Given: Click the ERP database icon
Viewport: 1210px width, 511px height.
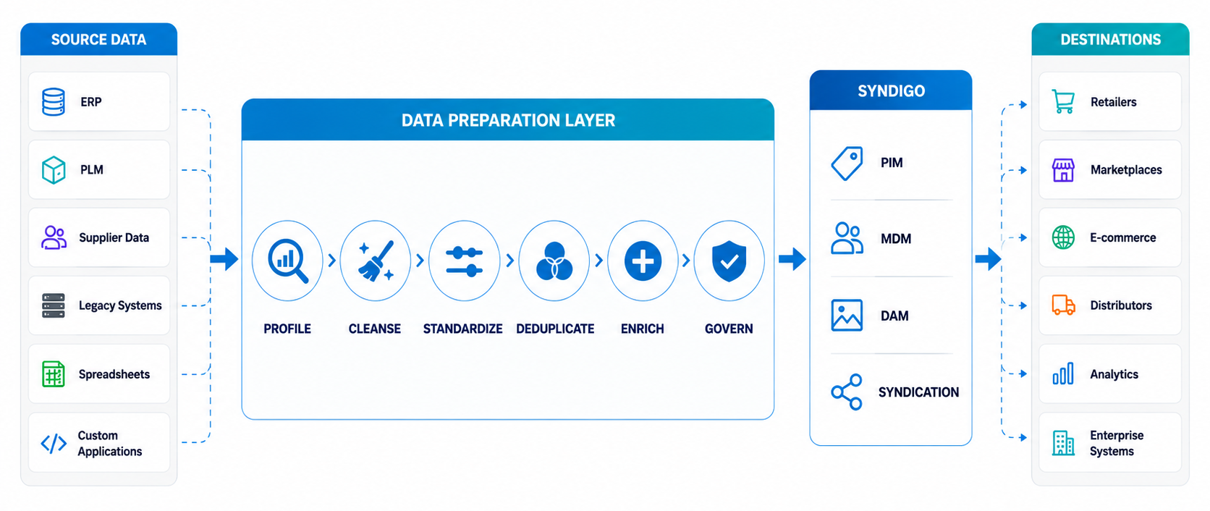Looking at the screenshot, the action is [x=54, y=102].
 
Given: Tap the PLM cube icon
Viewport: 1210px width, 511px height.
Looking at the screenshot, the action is [x=54, y=170].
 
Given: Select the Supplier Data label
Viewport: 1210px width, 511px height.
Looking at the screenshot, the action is [x=114, y=237].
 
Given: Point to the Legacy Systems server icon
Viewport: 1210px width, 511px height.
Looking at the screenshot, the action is [x=54, y=305].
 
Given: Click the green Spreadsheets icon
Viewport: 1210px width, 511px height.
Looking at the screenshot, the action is [x=54, y=373].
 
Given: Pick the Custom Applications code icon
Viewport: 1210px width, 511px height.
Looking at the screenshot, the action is [x=54, y=444].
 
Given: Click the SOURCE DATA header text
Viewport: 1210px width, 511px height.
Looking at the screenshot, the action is [x=99, y=39].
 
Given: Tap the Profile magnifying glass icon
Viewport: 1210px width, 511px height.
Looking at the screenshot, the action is [x=288, y=261].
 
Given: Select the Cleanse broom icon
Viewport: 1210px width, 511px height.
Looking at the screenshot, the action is [x=376, y=261].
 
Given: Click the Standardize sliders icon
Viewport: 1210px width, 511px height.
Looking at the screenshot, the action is [x=464, y=261].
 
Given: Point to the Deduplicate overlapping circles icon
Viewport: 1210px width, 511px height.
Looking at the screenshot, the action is [x=554, y=261].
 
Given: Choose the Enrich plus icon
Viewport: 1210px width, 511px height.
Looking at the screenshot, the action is [x=643, y=261].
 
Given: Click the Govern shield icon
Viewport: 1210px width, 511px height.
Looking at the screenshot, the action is [x=729, y=261].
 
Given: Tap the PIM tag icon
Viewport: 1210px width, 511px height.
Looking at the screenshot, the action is [x=847, y=163].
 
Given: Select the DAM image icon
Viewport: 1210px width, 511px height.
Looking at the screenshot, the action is [x=847, y=316].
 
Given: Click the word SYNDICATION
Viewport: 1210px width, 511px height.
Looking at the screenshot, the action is [x=919, y=392].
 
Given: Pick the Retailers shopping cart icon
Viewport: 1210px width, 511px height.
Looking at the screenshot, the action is [x=1063, y=102].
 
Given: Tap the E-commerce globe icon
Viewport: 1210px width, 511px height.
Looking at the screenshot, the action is [x=1063, y=237].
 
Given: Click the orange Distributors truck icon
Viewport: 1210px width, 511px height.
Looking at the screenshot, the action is [x=1063, y=305].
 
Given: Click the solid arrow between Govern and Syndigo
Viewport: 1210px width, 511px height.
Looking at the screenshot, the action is [x=792, y=259].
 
